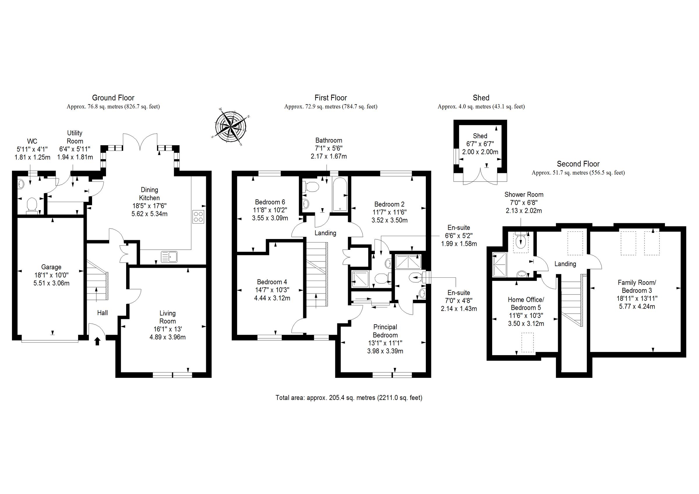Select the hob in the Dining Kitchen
pos(198,217)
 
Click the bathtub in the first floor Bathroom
pos(340,195)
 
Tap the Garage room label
pos(51,267)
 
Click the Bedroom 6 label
pos(270,202)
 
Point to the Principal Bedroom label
pos(385,331)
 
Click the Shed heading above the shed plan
pos(481,98)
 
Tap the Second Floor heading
pos(578,164)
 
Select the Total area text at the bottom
pos(349,398)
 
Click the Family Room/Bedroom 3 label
pos(637,286)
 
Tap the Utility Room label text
pos(75,137)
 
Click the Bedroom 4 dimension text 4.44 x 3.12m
pos(272,298)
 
